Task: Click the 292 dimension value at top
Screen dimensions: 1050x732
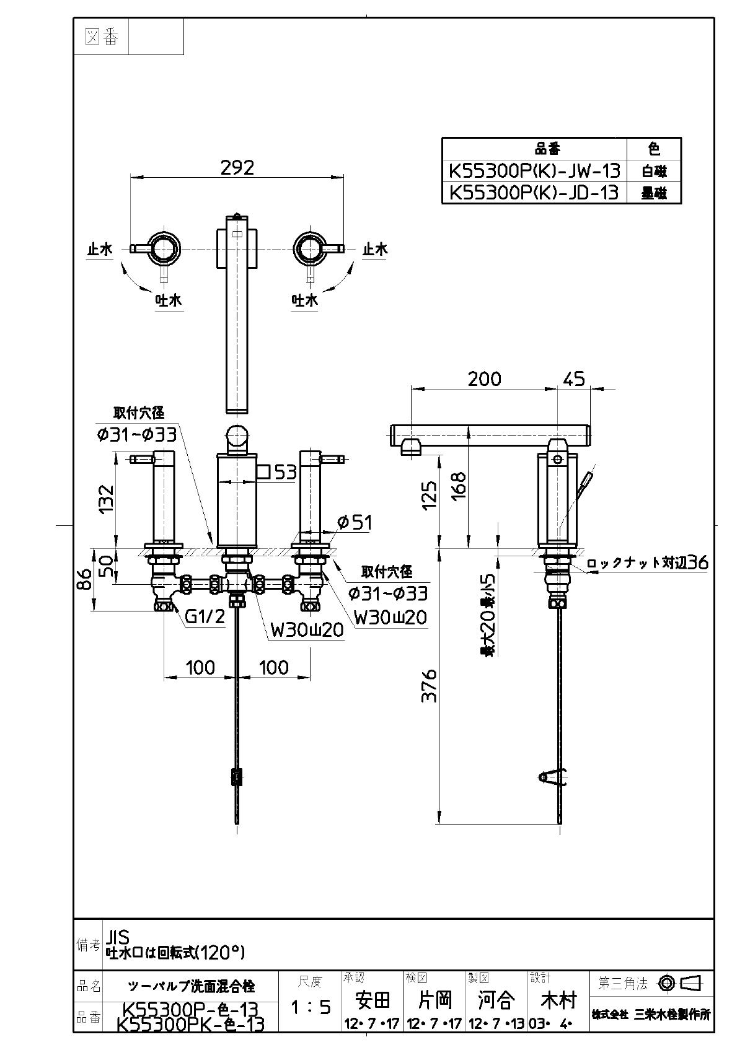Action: click(237, 168)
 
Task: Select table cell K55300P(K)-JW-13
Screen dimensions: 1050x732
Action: click(534, 170)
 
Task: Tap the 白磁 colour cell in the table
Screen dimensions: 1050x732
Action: click(654, 170)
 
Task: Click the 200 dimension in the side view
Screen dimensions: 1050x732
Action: click(484, 378)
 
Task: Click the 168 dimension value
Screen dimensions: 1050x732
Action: click(459, 486)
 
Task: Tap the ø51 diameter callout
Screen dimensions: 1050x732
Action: click(354, 522)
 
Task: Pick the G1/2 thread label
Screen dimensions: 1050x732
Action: click(205, 617)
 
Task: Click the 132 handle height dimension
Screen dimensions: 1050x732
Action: click(107, 497)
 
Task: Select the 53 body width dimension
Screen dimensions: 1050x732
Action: click(285, 473)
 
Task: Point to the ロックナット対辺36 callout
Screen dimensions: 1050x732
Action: click(646, 563)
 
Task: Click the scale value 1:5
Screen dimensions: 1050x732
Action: click(311, 1007)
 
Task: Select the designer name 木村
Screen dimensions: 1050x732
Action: click(558, 1000)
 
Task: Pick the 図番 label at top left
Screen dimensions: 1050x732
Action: click(101, 37)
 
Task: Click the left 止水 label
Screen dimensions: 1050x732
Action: click(99, 250)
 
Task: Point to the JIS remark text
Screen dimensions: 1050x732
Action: click(117, 936)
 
